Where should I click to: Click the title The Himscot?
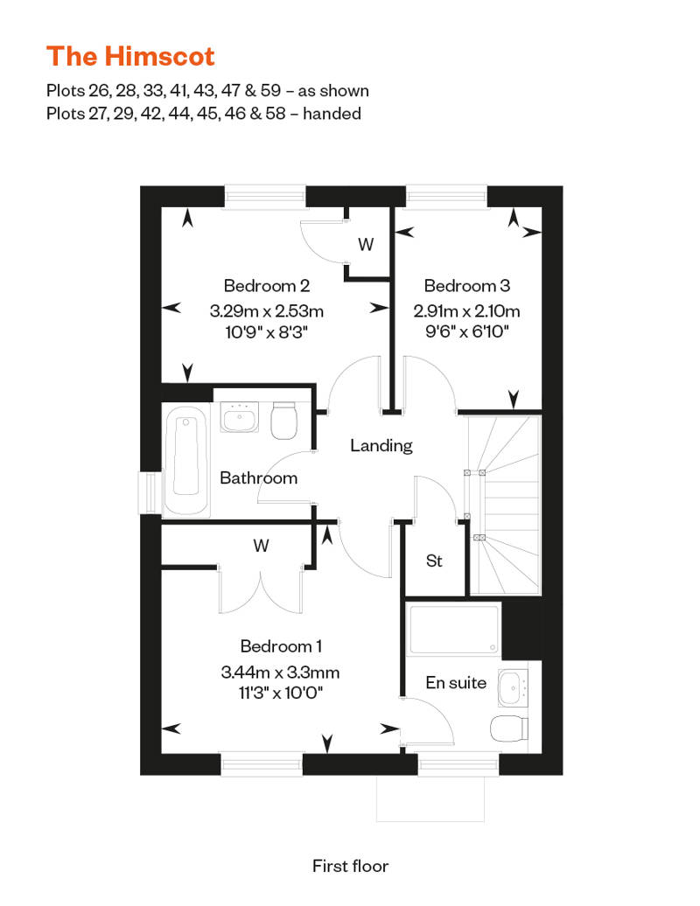pos(130,56)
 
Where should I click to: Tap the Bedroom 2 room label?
pos(267,285)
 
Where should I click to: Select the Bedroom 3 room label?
pos(467,285)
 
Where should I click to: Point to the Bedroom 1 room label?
pos(281,646)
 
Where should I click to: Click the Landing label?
pos(381,445)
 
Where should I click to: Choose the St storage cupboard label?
pos(434,561)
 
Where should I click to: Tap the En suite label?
pos(456,682)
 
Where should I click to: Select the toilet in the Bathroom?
pos(283,420)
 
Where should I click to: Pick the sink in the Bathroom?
pos(239,417)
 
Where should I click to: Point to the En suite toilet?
pos(509,728)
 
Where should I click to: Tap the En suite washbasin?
pos(513,687)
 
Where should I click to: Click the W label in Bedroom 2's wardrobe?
pos(366,244)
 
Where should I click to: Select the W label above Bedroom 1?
pos(262,546)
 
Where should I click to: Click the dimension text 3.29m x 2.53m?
pos(267,310)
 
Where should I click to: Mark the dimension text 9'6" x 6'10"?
pos(467,331)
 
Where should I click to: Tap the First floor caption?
pos(350,866)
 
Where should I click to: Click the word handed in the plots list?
pos(332,114)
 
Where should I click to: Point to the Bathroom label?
pos(259,477)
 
